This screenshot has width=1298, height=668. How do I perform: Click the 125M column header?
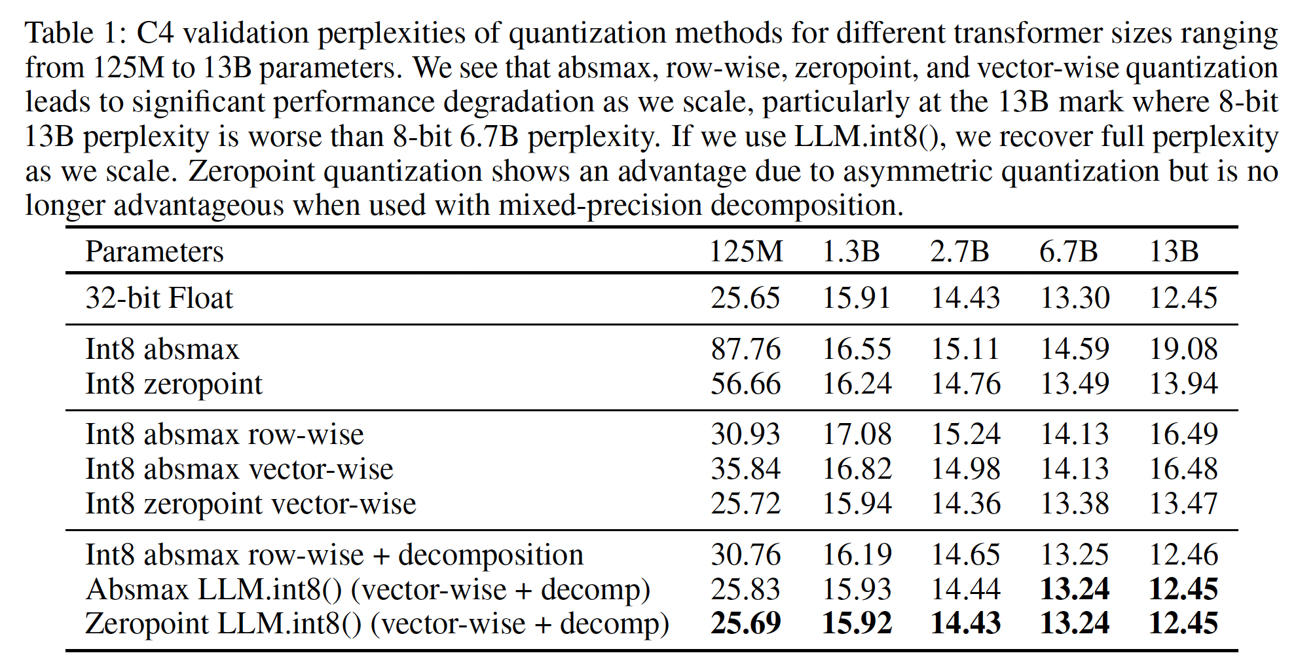[746, 251]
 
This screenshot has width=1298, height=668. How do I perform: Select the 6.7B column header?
[1068, 251]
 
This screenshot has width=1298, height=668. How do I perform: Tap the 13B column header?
[1174, 251]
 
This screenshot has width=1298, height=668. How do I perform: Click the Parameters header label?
[155, 252]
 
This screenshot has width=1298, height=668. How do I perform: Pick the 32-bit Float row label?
[159, 298]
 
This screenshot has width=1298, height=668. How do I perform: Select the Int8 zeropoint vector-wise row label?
[251, 504]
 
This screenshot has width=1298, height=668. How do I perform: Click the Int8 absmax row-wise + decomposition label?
[334, 555]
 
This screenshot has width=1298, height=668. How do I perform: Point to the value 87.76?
[746, 349]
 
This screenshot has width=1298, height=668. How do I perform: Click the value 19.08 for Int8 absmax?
[1183, 349]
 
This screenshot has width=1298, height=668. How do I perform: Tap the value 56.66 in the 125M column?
[746, 384]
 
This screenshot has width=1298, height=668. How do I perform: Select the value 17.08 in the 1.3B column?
[857, 434]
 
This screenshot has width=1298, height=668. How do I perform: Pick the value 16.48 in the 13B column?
[1183, 469]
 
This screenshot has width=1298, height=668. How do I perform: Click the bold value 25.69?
[746, 623]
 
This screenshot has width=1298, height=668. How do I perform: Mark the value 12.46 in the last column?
[1183, 555]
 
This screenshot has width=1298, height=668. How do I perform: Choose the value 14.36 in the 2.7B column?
[966, 504]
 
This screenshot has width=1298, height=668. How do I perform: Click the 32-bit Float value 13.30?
[1075, 298]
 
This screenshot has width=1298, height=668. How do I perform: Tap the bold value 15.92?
[857, 623]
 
